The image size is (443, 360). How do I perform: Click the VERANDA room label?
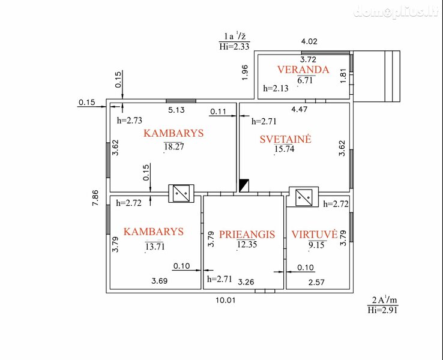tap(303, 70)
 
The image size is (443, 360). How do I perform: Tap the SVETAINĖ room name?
tap(285, 139)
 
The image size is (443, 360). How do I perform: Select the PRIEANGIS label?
tap(247, 235)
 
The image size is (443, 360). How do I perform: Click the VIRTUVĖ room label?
tap(315, 234)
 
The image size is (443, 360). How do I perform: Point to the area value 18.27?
tap(174, 146)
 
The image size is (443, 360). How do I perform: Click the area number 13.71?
tap(155, 247)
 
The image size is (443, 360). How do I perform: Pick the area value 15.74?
tap(284, 149)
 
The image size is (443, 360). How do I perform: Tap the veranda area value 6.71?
tap(305, 80)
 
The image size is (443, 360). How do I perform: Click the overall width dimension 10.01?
tap(226, 300)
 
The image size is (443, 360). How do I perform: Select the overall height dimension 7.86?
tap(95, 197)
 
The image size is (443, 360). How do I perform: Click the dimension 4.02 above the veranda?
tap(309, 41)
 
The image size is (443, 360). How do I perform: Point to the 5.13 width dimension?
tap(176, 110)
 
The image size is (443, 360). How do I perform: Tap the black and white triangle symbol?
tap(244, 185)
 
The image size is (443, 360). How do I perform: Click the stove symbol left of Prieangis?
tap(181, 193)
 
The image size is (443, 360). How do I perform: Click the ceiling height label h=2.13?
tap(276, 88)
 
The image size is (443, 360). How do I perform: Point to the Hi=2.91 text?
tap(382, 310)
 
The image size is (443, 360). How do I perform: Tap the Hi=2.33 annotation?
tap(234, 46)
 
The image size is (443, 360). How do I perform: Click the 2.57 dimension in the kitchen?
tap(316, 282)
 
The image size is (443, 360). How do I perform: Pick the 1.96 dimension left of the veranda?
tap(245, 73)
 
